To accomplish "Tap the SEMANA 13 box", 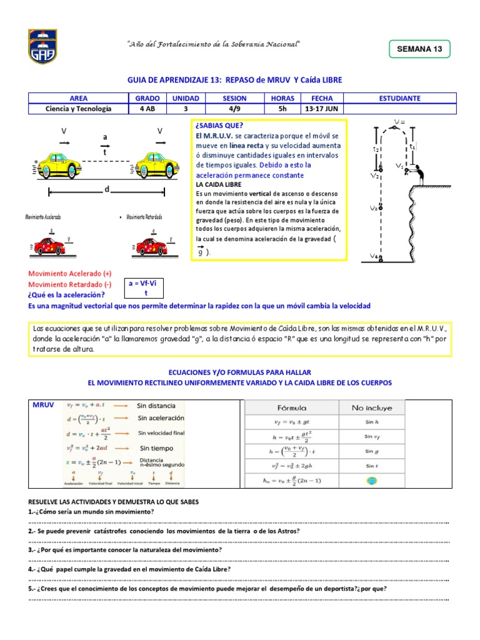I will click(x=419, y=49).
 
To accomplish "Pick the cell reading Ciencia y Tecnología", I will click(x=78, y=109).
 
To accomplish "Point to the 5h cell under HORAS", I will click(x=282, y=109).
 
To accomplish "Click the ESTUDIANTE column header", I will click(x=399, y=98).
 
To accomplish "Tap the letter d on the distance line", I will click(x=107, y=189).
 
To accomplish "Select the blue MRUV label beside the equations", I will click(x=43, y=406).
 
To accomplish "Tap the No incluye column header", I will click(x=372, y=407).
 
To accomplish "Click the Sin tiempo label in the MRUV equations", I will click(x=157, y=448).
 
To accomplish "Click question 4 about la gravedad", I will click(x=130, y=569).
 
